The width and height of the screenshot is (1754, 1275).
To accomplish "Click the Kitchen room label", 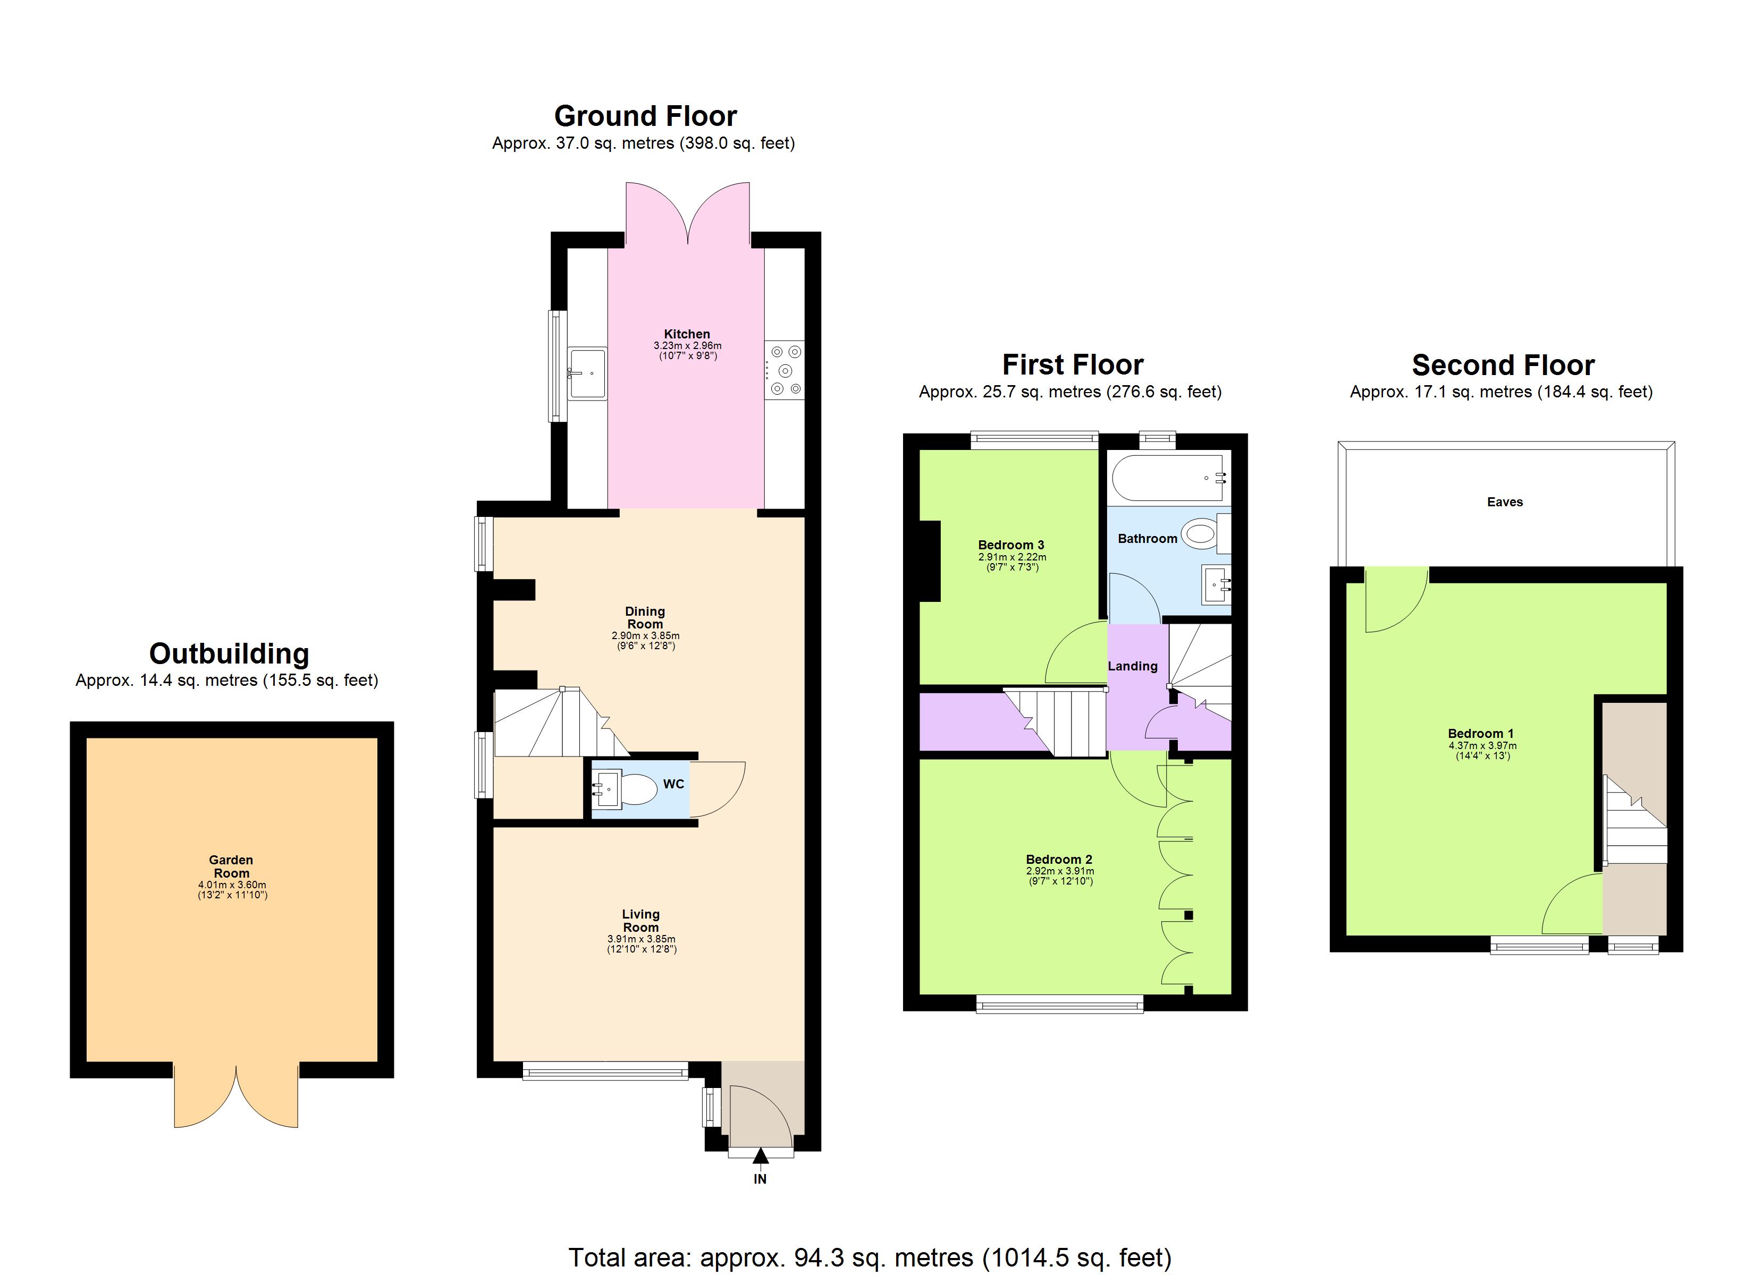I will coord(686,334).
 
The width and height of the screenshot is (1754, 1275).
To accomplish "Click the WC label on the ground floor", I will coord(673,784).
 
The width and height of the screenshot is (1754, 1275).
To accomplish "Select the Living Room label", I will coord(640,920).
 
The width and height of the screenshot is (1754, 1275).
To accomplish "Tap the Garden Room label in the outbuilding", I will coord(231,866).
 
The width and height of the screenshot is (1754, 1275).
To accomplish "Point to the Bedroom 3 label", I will coord(1011,545).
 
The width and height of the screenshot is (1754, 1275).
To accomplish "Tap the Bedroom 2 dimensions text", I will coord(1059,875).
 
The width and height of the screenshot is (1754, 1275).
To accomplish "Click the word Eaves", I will coord(1504,502).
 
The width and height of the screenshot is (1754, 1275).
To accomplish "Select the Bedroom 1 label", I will coord(1480,733).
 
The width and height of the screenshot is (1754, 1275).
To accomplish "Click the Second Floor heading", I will coord(1503,364).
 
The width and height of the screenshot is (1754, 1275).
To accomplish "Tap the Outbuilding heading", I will coord(229,653).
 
